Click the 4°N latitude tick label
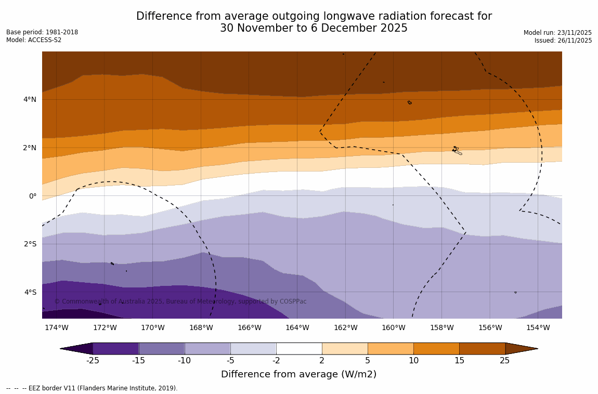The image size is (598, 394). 30,99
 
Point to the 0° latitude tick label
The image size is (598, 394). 33,196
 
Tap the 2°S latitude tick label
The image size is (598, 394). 30,244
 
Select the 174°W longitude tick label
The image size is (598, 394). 56,328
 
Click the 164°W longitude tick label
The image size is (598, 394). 297,328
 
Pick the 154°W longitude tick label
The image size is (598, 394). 538,328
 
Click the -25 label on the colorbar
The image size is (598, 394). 93,361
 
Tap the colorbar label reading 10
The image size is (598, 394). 413,361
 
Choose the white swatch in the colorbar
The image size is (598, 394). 299,348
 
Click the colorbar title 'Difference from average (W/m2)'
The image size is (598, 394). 298,374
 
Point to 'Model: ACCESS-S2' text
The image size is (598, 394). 34,40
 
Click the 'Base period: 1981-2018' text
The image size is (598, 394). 42,32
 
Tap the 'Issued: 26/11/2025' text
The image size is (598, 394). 563,41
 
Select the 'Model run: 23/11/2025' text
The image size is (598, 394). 557,33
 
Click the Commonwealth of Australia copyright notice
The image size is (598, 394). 180,301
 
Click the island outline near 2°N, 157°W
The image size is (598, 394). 457,150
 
